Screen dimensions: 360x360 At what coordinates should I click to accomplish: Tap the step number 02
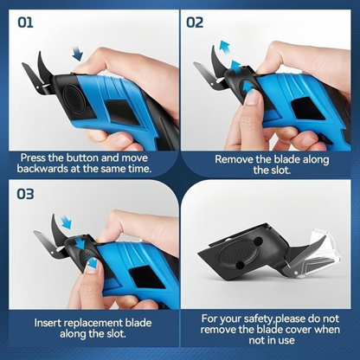tap(196, 21)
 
